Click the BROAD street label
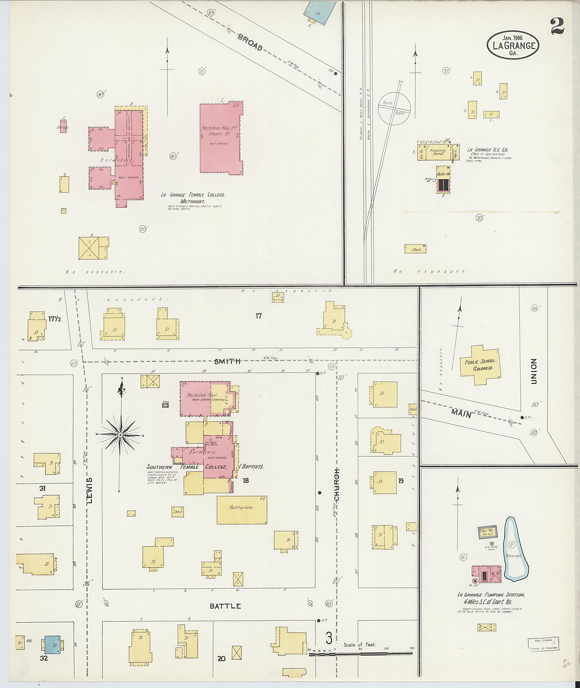tap(250, 43)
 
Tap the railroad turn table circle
tap(394, 108)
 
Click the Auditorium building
tap(242, 510)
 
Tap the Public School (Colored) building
tap(480, 365)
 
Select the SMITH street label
tap(227, 361)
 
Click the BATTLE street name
tap(225, 606)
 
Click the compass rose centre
tap(120, 435)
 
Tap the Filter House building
tap(487, 532)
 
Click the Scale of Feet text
tap(360, 645)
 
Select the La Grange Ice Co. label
tap(488, 150)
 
